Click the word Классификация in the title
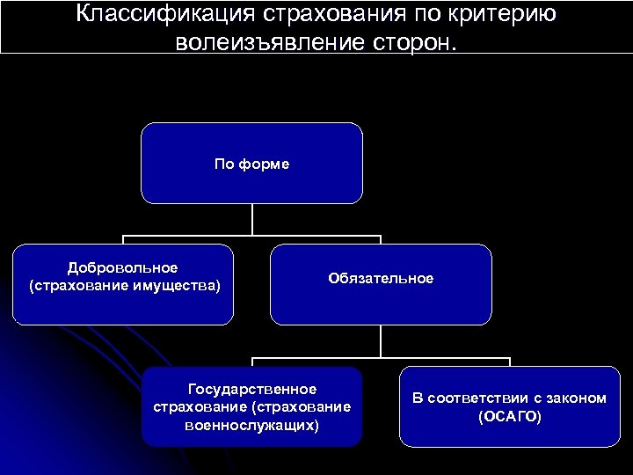[164, 15]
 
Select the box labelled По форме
[252, 163]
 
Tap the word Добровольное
[124, 267]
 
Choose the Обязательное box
[380, 283]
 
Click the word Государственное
[252, 388]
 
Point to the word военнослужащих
[252, 425]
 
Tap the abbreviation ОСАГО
[510, 416]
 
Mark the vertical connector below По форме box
[252, 220]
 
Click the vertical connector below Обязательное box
[380, 340]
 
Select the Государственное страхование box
[252, 406]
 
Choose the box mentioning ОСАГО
[510, 406]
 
